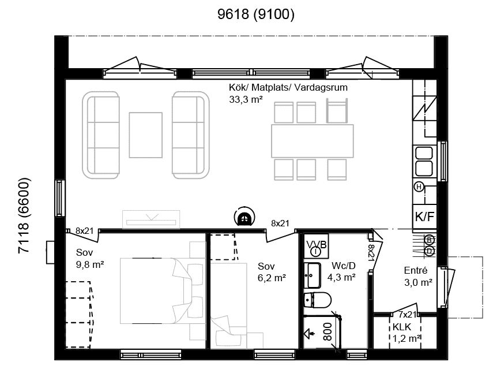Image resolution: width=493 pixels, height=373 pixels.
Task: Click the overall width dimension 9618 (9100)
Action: click(x=256, y=14)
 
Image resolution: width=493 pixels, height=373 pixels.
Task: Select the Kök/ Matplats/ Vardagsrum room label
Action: click(x=288, y=87)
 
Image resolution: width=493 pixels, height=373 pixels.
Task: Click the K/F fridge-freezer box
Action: click(x=424, y=217)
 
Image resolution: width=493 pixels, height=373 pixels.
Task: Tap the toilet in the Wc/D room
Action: click(x=317, y=300)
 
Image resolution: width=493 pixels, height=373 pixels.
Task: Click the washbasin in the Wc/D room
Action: click(x=312, y=275)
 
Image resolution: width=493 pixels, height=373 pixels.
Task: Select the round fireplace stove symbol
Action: click(x=244, y=217)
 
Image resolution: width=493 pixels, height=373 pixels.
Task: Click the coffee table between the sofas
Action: click(x=145, y=135)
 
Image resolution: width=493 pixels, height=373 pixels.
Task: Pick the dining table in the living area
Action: click(x=312, y=141)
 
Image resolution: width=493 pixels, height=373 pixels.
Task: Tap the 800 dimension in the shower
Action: click(x=328, y=331)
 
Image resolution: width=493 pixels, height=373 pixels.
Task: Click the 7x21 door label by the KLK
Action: click(x=407, y=315)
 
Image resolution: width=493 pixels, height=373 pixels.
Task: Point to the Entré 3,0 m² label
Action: click(x=418, y=277)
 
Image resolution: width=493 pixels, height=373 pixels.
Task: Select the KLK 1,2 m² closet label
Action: click(x=407, y=333)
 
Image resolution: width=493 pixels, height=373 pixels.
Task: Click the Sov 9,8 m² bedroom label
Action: click(x=89, y=258)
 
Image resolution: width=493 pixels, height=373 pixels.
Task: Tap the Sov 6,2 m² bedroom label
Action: click(x=272, y=272)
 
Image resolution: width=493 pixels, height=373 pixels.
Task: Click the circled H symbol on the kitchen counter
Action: click(x=419, y=187)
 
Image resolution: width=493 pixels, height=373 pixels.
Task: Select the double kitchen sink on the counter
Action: click(x=424, y=161)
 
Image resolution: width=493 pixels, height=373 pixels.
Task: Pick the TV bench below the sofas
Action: click(x=151, y=219)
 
